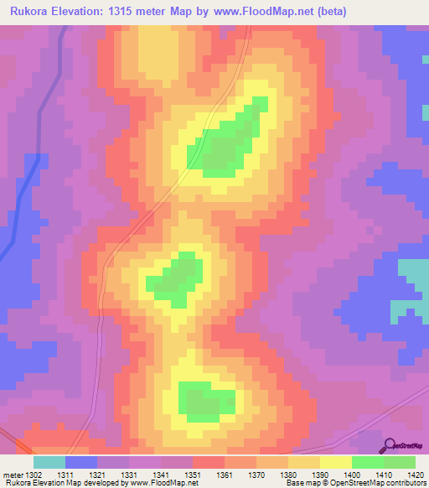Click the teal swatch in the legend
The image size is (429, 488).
pos(49,462)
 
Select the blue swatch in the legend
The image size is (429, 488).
pos(81,462)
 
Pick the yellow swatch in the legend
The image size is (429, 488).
pos(336,462)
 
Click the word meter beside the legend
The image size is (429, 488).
pos(13,475)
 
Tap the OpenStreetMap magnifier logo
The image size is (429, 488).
pos(390,446)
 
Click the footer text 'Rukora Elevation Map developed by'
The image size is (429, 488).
pos(59,483)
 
